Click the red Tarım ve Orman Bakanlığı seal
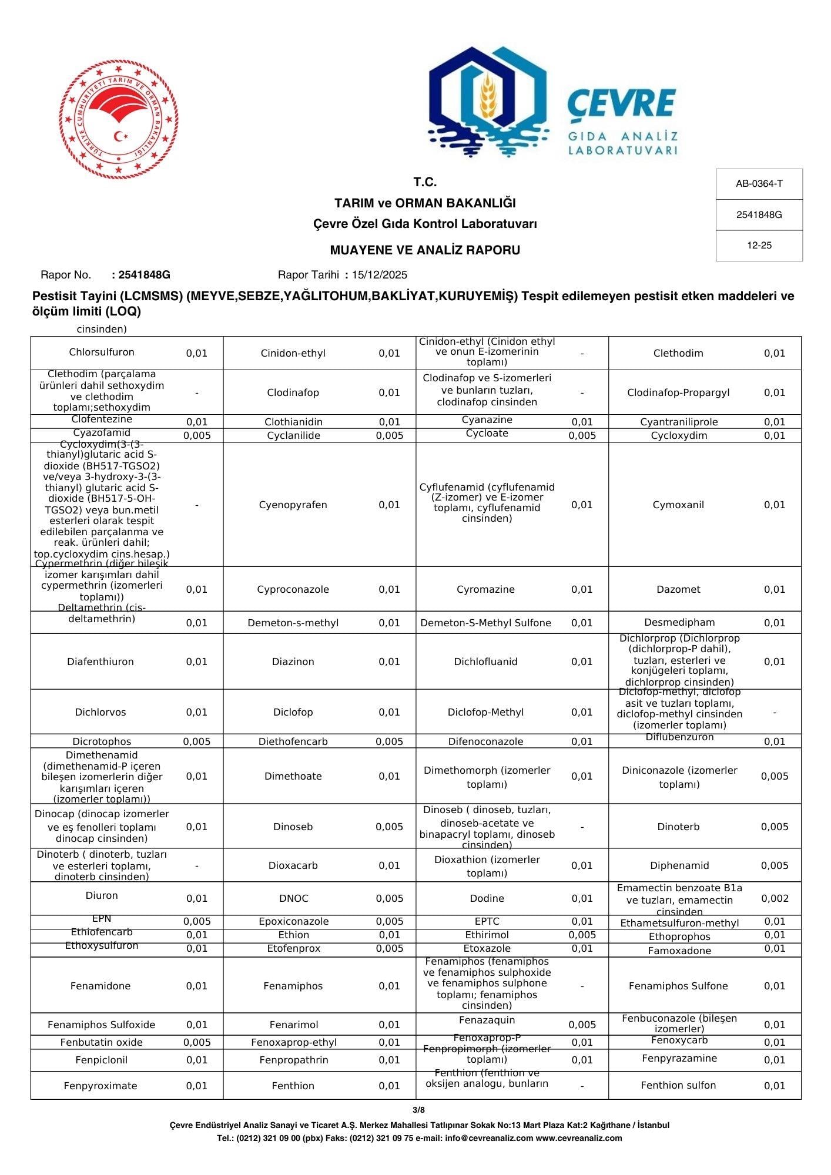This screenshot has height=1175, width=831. pos(119,119)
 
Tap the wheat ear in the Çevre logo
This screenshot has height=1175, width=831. pos(487,97)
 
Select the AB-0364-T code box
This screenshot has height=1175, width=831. pos(759,184)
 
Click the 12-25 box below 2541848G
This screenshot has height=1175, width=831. pos(759,246)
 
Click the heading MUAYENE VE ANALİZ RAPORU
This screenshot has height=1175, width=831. pos(424,250)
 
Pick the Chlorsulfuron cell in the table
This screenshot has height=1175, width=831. pos(102,352)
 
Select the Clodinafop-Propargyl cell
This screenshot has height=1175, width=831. pos(678,392)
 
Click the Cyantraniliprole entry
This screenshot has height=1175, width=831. pos(679,422)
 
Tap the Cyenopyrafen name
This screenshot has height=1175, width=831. pos(293,505)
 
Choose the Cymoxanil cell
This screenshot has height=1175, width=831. pos(678,505)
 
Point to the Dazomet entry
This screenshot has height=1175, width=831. pos(678,589)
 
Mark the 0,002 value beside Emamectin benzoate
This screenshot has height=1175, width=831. pos(775,898)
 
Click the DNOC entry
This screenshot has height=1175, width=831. pos(293,898)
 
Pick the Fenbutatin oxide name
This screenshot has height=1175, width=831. pos(101,1042)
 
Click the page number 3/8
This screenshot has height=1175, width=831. pos(418,1110)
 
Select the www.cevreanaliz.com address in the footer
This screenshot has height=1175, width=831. pos(578,1138)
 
